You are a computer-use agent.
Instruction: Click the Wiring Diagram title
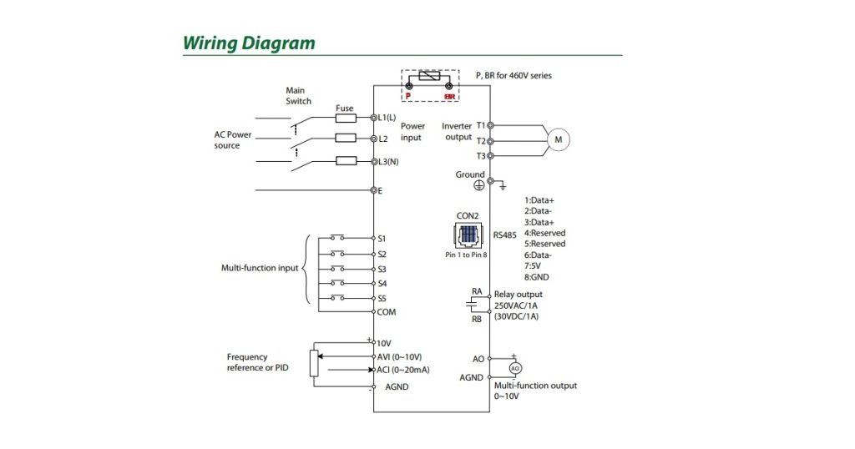click(x=249, y=43)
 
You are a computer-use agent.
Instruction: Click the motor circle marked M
click(x=557, y=140)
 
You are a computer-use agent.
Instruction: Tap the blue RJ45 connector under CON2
click(x=467, y=235)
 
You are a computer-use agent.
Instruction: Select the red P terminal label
click(x=408, y=97)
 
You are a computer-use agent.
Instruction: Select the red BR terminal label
click(x=449, y=97)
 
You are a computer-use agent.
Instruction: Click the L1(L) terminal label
click(x=387, y=118)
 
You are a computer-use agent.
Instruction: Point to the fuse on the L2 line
click(x=346, y=139)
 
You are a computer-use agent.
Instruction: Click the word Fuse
click(x=344, y=108)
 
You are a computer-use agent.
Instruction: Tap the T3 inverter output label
click(x=480, y=156)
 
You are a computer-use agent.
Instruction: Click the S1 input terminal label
click(x=382, y=239)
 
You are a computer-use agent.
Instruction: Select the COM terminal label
click(x=387, y=312)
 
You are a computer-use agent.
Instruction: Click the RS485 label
click(x=504, y=235)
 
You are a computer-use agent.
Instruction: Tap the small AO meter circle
click(x=515, y=367)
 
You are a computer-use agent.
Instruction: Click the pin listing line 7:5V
click(x=534, y=265)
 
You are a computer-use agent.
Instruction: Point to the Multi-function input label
click(x=259, y=269)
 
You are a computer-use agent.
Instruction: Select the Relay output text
click(x=518, y=295)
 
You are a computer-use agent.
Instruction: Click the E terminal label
click(x=381, y=191)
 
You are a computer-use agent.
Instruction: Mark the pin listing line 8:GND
click(x=537, y=276)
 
